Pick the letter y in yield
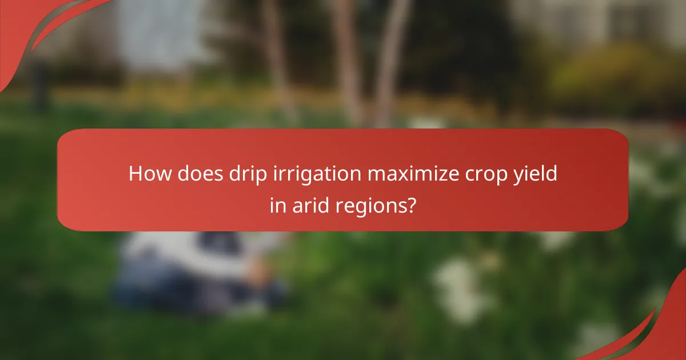518,177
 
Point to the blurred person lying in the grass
194,269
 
